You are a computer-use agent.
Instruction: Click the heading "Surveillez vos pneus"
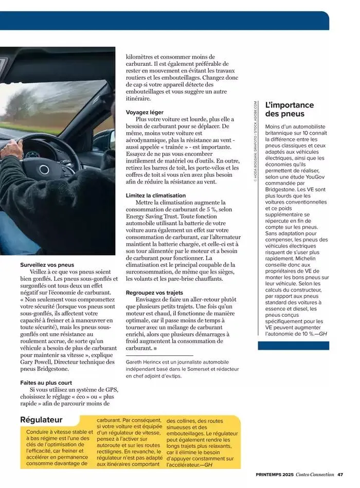[47, 265]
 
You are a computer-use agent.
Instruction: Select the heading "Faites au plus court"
[46, 383]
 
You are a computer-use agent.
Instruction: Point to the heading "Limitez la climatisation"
[156, 195]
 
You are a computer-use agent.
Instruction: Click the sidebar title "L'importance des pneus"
[289, 109]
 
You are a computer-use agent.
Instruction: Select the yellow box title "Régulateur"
[41, 420]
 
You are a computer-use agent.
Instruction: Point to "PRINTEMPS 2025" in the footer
[275, 474]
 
